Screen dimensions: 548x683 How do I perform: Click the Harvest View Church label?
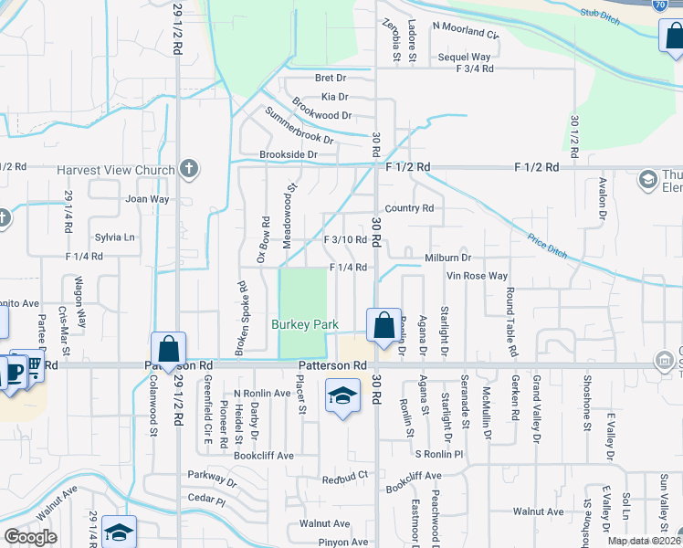coord(115,170)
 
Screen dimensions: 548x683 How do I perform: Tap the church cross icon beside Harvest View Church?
coord(189,169)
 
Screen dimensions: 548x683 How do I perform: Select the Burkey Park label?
coord(305,324)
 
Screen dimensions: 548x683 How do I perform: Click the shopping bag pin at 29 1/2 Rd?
coord(168,348)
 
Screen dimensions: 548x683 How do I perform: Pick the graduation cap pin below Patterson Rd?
coord(342,396)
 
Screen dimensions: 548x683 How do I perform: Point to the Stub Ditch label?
coord(599,14)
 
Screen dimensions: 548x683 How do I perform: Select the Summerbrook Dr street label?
coord(299,126)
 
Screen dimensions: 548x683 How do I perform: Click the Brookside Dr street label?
coord(288,155)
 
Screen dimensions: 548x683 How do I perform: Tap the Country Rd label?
coord(409,208)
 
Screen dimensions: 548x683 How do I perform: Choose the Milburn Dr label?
coord(447,258)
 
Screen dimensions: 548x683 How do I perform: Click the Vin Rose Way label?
coord(477,276)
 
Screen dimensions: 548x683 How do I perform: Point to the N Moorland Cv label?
coord(466,35)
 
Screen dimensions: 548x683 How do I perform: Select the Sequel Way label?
coord(465,57)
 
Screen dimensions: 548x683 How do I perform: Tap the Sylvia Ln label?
coord(115,237)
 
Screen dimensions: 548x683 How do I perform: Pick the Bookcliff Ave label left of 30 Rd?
coord(264,455)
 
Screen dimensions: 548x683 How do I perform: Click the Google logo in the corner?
coord(30,537)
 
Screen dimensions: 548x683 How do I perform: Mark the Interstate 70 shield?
coord(660,5)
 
